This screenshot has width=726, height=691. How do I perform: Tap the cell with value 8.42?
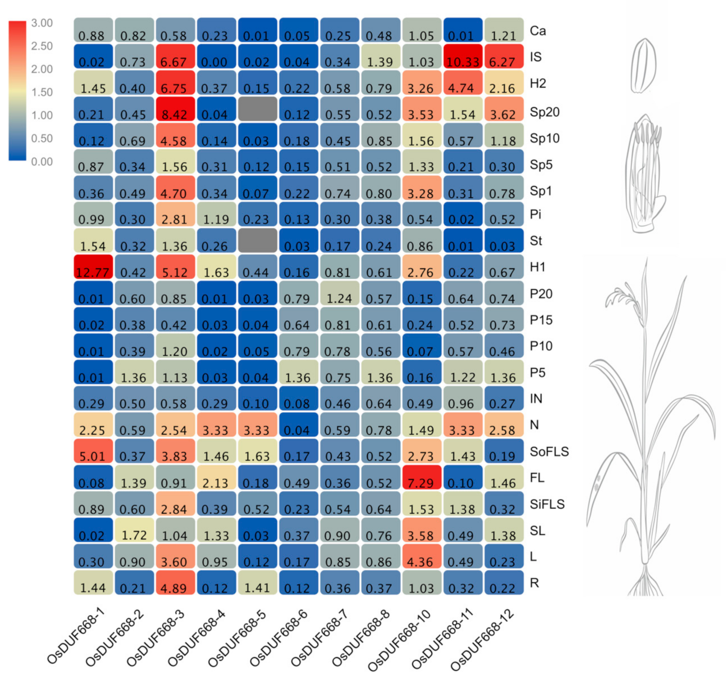(x=175, y=109)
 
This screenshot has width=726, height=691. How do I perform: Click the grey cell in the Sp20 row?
(x=257, y=109)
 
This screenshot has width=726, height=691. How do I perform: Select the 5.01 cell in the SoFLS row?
(x=93, y=451)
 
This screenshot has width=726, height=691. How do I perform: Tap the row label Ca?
(x=538, y=31)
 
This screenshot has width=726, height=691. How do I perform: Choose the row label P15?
(x=541, y=320)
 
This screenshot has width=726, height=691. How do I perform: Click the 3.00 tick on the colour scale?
(x=42, y=23)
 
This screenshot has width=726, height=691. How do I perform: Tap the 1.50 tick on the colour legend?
(x=42, y=92)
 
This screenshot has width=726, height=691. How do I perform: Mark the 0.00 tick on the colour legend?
(x=42, y=161)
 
